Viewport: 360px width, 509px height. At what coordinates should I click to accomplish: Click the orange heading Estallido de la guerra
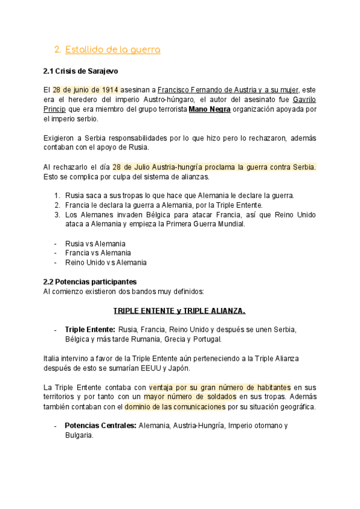click(x=112, y=50)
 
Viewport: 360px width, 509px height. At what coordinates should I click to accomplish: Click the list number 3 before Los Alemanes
click(x=56, y=214)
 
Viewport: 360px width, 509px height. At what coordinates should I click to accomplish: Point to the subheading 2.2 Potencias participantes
click(x=89, y=282)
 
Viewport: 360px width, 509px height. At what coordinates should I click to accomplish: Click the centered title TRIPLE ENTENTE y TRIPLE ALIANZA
click(x=179, y=311)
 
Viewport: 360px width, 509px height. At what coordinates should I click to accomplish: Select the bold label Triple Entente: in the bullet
click(x=89, y=330)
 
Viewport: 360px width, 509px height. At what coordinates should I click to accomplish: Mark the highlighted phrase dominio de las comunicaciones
click(x=175, y=407)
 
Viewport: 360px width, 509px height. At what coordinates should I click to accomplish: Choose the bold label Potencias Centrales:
click(x=100, y=426)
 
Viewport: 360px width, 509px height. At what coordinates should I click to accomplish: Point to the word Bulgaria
click(x=79, y=435)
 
